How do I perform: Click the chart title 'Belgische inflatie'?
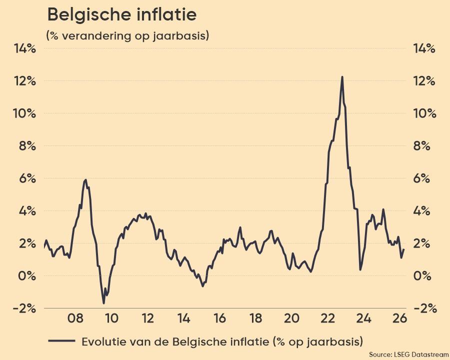pos(121,15)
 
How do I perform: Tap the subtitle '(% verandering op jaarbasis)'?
pos(127,36)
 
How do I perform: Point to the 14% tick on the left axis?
pos(25,48)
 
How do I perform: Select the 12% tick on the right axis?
pos(424,81)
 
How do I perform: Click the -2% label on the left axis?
pos(25,308)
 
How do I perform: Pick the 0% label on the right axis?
pos(424,276)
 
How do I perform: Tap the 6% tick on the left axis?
pos(25,178)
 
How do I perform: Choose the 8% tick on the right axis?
pos(424,146)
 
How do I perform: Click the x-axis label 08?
pos(75,318)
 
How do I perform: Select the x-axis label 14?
pos(183,318)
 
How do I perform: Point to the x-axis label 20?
pos(291,318)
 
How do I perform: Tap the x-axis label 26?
pos(399,318)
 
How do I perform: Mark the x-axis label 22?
pos(327,318)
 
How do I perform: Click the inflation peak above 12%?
pos(342,77)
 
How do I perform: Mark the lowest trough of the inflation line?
pos(103,303)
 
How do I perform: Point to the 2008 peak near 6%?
pos(86,179)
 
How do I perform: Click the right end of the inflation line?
pos(403,249)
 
